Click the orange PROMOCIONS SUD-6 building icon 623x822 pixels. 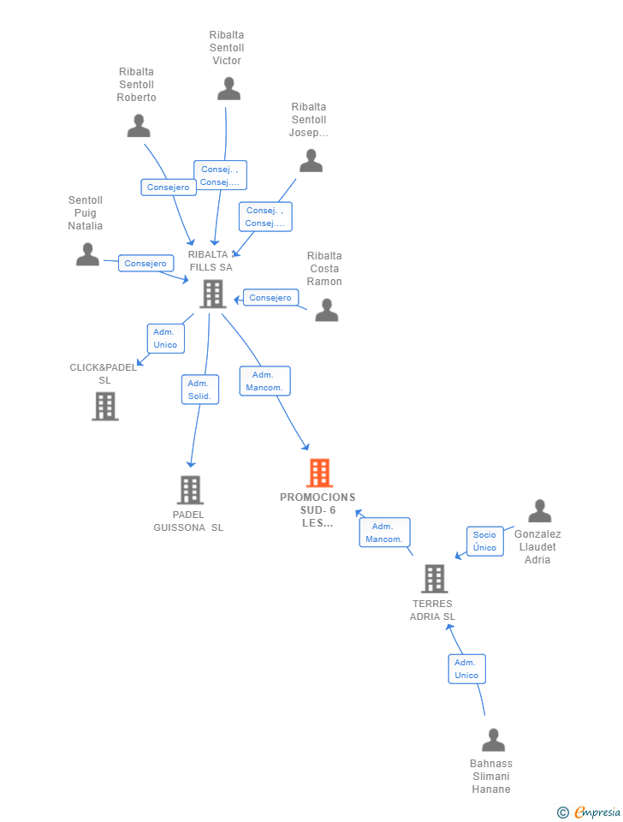point(319,473)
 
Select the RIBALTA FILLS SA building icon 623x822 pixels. point(211,294)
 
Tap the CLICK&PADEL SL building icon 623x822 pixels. point(104,406)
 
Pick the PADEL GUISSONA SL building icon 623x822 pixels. point(190,490)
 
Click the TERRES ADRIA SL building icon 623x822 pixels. point(434,579)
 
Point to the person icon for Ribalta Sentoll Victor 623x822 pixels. point(228,88)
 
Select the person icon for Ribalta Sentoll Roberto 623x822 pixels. point(139,126)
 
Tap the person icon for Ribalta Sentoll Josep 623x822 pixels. point(311,160)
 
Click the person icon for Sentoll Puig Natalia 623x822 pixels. point(87,254)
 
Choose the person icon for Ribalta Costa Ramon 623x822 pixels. point(327,310)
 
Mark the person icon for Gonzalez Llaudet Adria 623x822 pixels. point(539,511)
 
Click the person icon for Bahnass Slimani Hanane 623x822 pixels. point(493,740)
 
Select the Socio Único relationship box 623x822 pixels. point(484,541)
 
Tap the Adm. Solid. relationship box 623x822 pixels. point(200,390)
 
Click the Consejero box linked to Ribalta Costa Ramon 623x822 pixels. point(270,298)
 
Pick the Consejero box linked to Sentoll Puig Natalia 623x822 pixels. point(145,264)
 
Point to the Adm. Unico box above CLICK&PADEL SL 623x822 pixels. point(165,338)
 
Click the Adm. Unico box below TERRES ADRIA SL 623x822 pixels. point(466,669)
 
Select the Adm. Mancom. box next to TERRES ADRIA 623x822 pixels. point(384,533)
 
